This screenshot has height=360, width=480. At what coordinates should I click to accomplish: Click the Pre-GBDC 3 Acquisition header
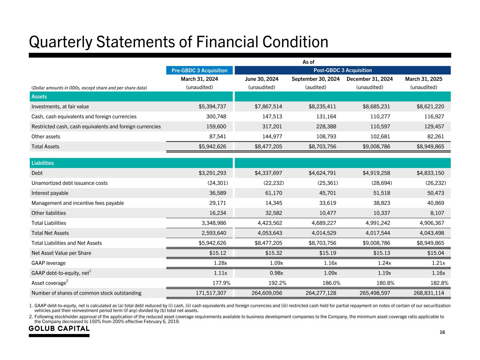point(199,70)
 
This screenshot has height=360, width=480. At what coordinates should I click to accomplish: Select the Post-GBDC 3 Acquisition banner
point(342,70)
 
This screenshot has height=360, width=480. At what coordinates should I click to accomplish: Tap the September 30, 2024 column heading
point(315,79)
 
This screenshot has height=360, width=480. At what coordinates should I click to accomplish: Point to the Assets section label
point(39,97)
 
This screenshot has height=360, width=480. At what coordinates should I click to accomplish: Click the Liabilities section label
point(43,163)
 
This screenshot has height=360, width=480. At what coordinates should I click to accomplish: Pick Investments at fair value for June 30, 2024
point(268,107)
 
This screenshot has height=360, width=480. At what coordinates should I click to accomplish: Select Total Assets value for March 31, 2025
point(430,147)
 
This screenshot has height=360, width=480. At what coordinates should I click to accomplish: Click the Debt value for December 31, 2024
point(376,173)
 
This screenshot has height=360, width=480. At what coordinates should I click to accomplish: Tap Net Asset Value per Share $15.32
point(273,253)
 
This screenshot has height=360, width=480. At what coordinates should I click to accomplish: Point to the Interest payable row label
point(50,193)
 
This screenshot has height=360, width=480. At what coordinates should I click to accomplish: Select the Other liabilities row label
point(49,213)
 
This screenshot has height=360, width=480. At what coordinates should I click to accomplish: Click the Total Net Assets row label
point(50,233)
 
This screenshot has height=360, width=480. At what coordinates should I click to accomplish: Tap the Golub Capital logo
point(59,329)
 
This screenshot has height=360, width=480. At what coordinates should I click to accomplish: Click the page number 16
point(442,333)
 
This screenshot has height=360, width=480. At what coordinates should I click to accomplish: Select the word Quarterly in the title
point(60,42)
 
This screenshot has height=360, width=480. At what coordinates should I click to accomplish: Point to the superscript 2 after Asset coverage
point(67,281)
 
